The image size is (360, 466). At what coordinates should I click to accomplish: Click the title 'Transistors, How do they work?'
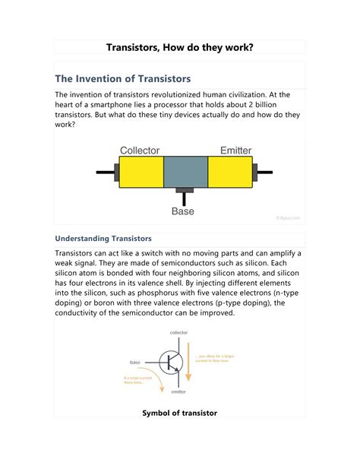(179, 48)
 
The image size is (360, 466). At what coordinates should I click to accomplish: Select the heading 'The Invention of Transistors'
(122, 78)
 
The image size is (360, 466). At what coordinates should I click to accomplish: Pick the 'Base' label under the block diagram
(183, 211)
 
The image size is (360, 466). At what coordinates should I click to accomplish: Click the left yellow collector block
(141, 172)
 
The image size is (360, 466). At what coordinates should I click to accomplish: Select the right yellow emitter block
(230, 172)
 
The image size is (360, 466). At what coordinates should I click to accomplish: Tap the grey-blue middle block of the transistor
(185, 172)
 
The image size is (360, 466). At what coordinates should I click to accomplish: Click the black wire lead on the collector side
(105, 172)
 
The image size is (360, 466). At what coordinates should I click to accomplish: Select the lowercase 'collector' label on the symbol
(178, 333)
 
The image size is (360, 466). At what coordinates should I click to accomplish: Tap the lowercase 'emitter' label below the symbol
(179, 392)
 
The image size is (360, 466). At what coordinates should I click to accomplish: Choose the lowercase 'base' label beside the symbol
(135, 362)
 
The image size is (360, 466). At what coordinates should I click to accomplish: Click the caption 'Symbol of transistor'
(179, 413)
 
